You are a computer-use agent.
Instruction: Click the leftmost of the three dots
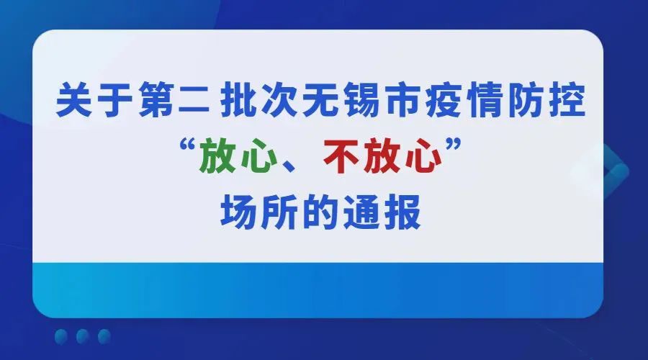tap(61, 336)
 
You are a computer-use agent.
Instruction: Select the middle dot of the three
tap(83, 336)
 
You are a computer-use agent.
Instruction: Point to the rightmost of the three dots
tap(104, 336)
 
